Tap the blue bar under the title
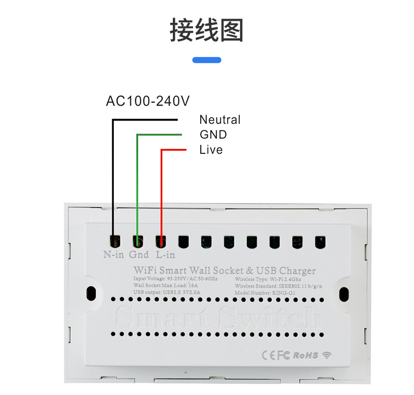point(206,60)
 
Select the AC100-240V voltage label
point(148,100)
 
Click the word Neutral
point(220,120)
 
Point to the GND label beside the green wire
point(213,135)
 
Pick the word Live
point(211,150)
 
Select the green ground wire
point(137,186)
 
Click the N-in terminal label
point(114,255)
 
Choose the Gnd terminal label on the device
point(139,255)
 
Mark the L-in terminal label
point(165,255)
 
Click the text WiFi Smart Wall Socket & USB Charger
point(224,270)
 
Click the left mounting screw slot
point(92,294)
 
